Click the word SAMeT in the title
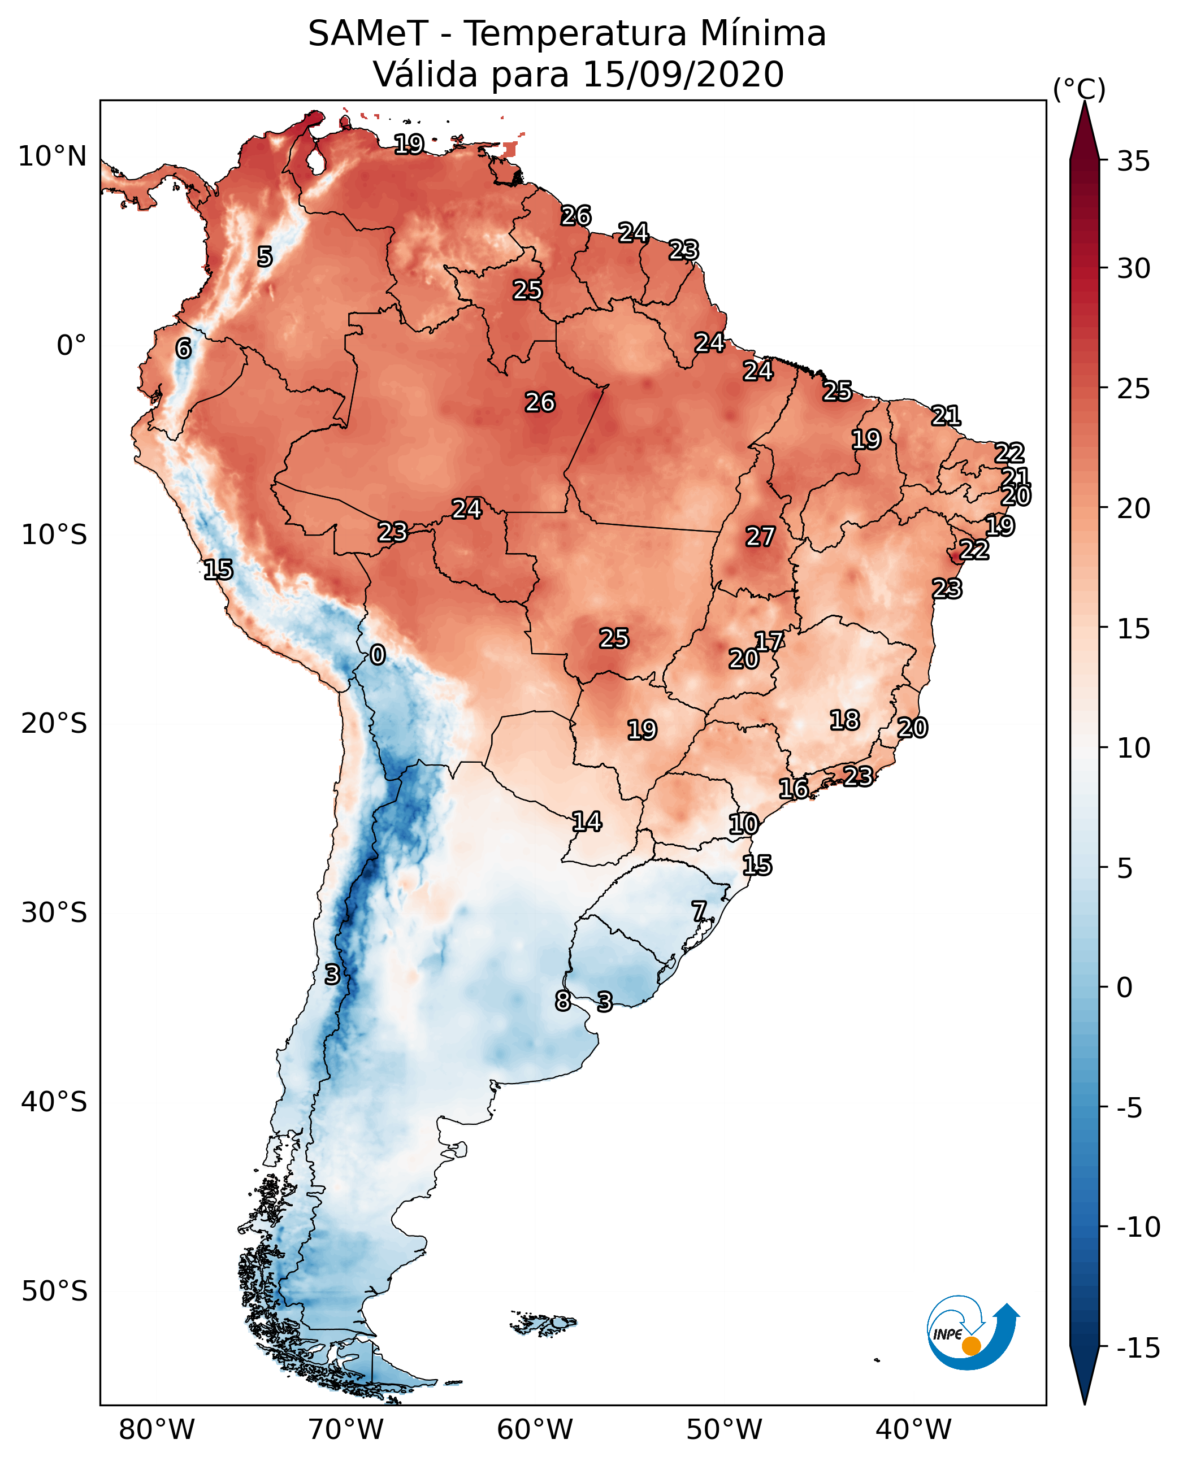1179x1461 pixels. click(x=367, y=34)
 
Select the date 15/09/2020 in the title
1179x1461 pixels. click(x=683, y=75)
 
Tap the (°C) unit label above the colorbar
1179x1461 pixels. click(x=1079, y=89)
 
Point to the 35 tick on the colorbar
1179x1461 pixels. click(x=1133, y=162)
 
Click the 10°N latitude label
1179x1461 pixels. click(x=53, y=157)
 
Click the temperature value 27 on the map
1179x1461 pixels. click(x=760, y=537)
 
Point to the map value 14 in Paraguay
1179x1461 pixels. click(x=587, y=821)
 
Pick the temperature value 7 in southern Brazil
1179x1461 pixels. click(x=699, y=911)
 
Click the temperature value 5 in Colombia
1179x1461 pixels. click(x=265, y=256)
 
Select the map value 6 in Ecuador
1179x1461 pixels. click(x=183, y=348)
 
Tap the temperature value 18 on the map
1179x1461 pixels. click(x=844, y=720)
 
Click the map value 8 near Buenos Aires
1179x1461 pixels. click(x=562, y=1001)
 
